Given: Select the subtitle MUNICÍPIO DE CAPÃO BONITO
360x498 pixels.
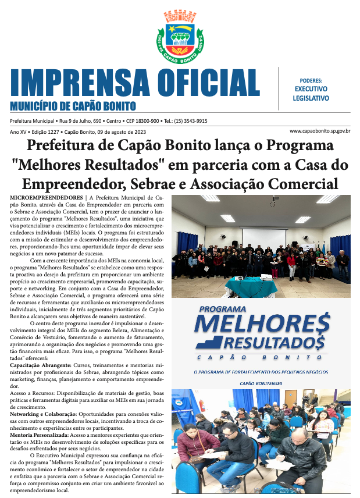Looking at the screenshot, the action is pos(73,106).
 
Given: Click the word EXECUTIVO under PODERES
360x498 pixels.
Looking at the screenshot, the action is pos(311,89).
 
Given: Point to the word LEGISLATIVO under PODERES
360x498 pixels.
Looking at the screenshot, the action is pos(311,98).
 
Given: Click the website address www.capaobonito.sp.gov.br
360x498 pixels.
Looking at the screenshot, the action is pos(319,131).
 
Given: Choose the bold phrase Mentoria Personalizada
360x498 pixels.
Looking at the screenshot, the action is pos(40,435).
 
